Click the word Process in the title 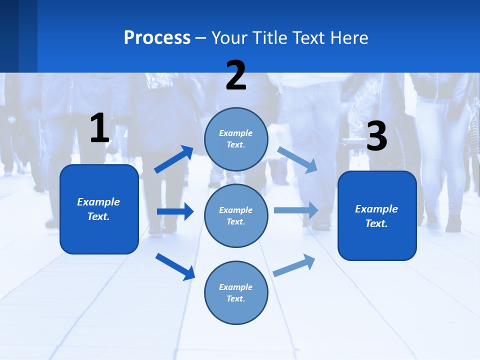pos(157,38)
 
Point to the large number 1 pos(99,128)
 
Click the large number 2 pos(236,75)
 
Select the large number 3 pos(376,136)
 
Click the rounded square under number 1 pos(99,209)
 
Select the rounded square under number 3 pos(377,215)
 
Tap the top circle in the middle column pos(236,139)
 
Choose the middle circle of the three pos(236,215)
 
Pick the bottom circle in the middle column pos(236,292)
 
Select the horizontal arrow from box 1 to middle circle pos(175,211)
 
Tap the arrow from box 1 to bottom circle pos(175,266)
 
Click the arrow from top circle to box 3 pos(297,159)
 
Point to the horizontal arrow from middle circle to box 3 pos(296,210)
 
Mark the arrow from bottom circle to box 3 pos(294,265)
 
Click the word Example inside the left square pos(98,202)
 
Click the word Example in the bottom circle pos(236,287)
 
